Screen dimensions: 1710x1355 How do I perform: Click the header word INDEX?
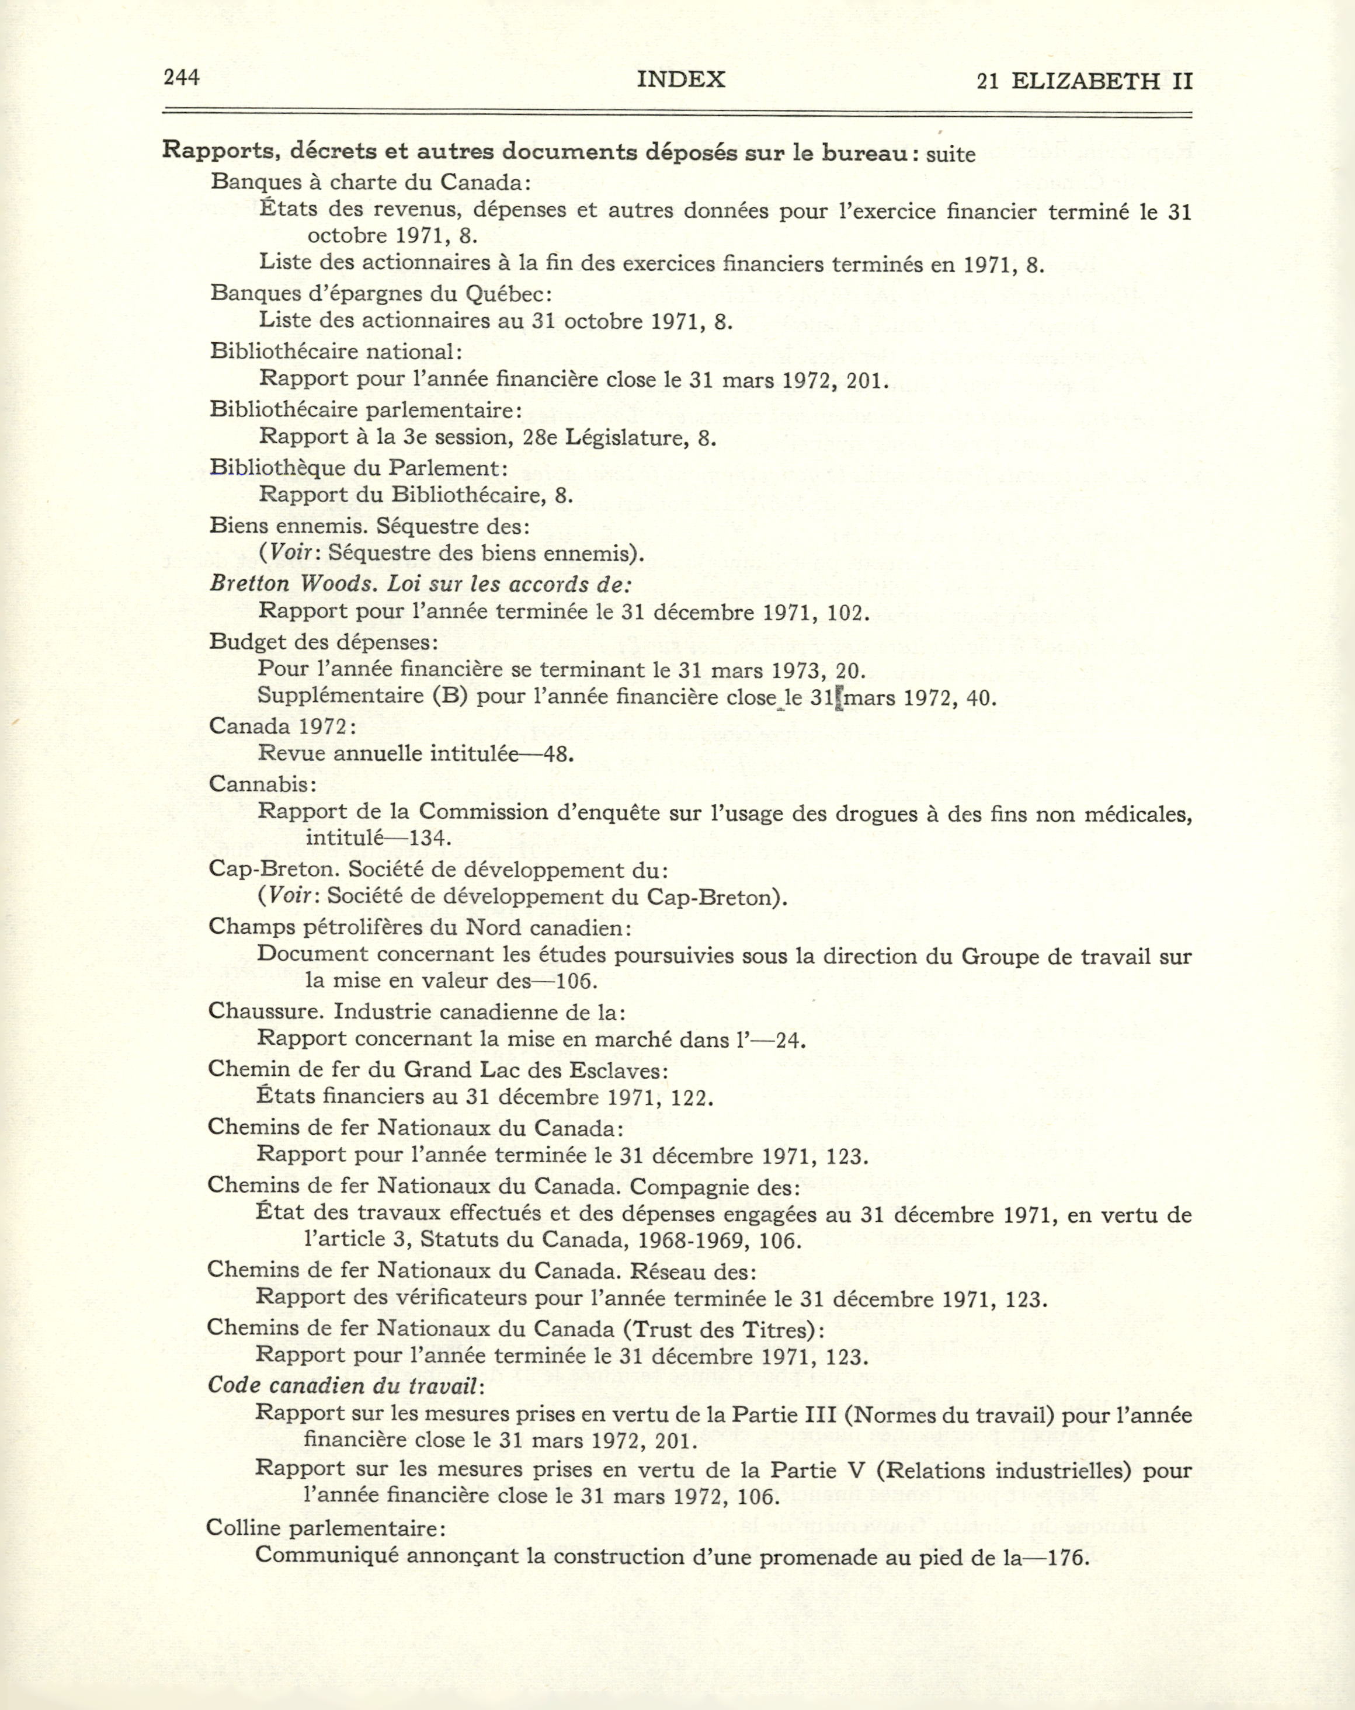coord(680,79)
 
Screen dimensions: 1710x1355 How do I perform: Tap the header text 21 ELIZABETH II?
coord(1085,81)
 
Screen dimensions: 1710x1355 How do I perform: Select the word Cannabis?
coord(262,784)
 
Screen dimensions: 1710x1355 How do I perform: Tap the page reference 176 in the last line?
coord(1065,1557)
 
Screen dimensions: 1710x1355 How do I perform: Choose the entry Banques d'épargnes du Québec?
coord(381,293)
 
